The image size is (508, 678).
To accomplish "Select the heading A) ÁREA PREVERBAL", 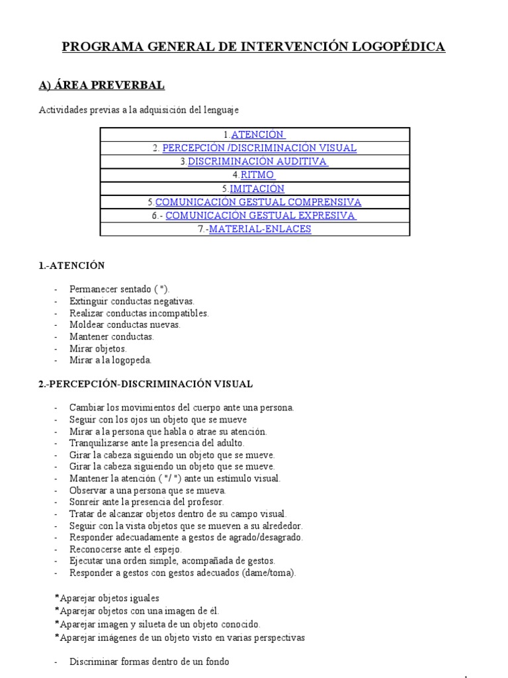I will click(102, 85).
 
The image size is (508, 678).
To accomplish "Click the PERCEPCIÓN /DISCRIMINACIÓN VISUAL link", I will click(259, 148).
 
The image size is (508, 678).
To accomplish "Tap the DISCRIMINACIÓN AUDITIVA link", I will click(258, 162).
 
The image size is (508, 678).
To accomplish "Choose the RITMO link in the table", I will click(257, 175).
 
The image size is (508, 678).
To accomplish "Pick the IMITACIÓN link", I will click(257, 189).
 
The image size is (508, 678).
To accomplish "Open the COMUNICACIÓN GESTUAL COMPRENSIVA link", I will click(258, 202).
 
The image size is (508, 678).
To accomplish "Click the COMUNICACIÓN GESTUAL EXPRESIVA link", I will click(261, 216).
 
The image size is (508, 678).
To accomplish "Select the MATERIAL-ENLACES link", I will click(260, 229).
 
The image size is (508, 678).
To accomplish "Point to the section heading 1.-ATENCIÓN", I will click(72, 266).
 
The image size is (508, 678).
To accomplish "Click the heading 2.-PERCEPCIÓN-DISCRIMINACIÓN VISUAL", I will click(146, 384).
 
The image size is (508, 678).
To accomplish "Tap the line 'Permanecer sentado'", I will click(110, 289).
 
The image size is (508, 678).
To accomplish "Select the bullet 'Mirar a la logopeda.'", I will click(110, 360).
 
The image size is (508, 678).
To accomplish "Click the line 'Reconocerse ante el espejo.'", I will click(125, 549).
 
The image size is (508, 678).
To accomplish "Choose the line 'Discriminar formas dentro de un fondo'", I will click(149, 661).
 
